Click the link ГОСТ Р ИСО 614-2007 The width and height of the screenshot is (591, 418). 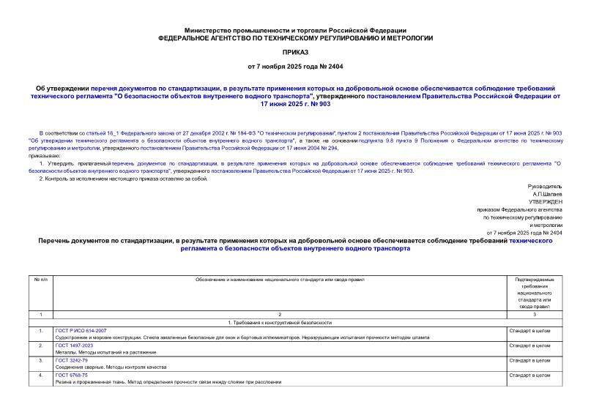81,331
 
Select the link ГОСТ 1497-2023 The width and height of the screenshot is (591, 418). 74,346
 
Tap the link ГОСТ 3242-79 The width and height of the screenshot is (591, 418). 71,361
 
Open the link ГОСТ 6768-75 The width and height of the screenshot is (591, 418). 71,376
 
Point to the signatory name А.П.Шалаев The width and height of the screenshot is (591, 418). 548,194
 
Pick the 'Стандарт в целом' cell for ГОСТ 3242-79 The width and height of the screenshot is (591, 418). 529,361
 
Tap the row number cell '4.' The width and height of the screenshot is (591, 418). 41,376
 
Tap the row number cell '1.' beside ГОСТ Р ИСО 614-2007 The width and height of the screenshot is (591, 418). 41,331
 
